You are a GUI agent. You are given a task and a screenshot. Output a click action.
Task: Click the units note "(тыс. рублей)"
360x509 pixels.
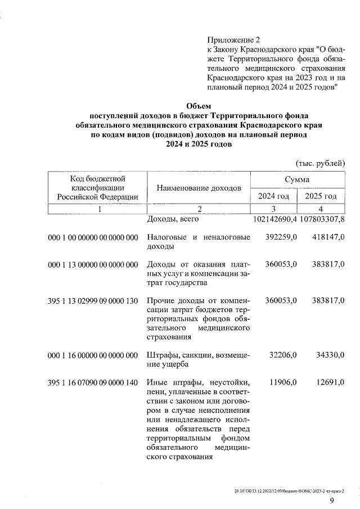coord(320,163)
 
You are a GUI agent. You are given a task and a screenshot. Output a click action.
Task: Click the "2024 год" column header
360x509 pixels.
coord(273,196)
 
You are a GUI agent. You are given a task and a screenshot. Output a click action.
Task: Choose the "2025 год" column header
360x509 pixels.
coord(321,196)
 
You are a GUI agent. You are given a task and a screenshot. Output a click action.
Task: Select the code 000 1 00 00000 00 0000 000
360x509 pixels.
coord(93,238)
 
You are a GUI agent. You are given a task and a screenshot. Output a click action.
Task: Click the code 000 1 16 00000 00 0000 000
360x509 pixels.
coord(93,355)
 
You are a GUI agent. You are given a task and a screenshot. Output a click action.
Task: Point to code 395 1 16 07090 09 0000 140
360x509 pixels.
coord(93,382)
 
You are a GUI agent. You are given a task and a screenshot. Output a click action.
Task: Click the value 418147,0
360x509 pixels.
coord(328,238)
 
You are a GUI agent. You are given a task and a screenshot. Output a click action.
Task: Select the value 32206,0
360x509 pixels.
coord(283,355)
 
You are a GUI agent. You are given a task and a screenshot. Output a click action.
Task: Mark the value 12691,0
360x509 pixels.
coord(330,382)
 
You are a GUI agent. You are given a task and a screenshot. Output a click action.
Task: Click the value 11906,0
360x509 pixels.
coord(283,382)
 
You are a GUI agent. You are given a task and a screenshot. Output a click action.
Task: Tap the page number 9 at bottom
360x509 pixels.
coord(332,500)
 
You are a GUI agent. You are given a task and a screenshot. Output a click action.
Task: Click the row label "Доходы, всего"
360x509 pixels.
coord(169,219)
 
